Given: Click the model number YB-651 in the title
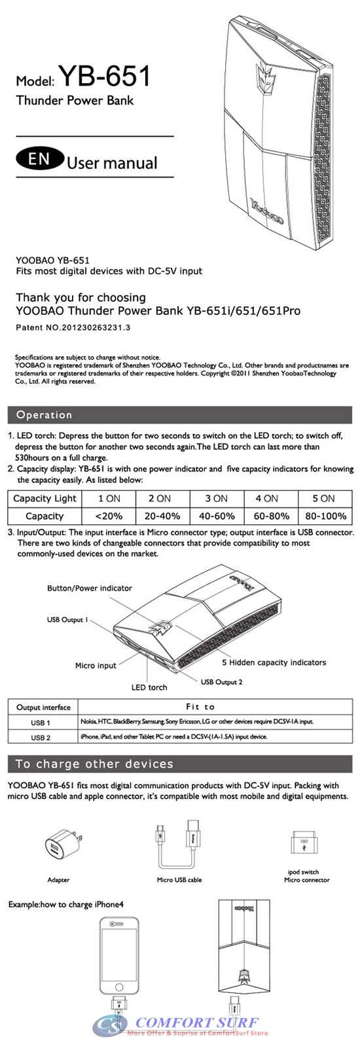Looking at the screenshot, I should pyautogui.click(x=105, y=77).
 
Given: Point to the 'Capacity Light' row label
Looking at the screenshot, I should pyautogui.click(x=45, y=498).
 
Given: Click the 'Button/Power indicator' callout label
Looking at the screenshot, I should pyautogui.click(x=90, y=588).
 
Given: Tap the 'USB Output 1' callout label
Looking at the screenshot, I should pyautogui.click(x=67, y=619).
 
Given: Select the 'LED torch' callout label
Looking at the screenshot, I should pyautogui.click(x=149, y=687).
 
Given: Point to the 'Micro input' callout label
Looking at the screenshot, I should pyautogui.click(x=96, y=665).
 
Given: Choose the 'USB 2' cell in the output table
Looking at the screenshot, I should pyautogui.click(x=41, y=737).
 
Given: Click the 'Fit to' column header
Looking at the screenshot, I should pyautogui.click(x=200, y=707).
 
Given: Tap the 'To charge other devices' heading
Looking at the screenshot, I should pyautogui.click(x=94, y=764).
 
